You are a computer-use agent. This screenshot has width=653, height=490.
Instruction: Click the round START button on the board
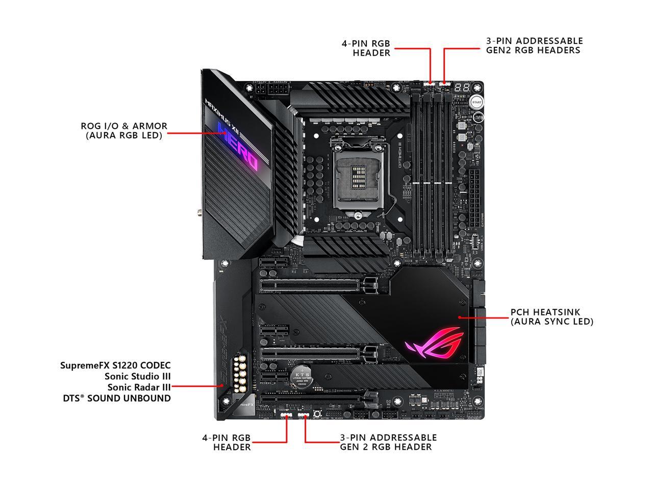point(476,102)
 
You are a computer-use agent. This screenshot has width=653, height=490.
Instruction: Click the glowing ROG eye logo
point(434,348)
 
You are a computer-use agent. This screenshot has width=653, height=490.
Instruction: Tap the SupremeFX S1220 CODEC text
point(115,365)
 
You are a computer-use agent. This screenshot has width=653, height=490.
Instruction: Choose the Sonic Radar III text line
point(138,387)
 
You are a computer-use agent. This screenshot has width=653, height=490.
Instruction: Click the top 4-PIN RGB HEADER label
point(366,48)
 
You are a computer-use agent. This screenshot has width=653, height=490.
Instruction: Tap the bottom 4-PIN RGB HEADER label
point(227,443)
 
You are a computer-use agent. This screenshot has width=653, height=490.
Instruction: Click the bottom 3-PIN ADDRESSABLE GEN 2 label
point(388,442)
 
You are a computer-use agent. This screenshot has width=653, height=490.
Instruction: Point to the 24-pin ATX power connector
point(474,199)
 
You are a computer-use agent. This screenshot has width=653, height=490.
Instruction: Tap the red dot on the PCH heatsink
point(460,317)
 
